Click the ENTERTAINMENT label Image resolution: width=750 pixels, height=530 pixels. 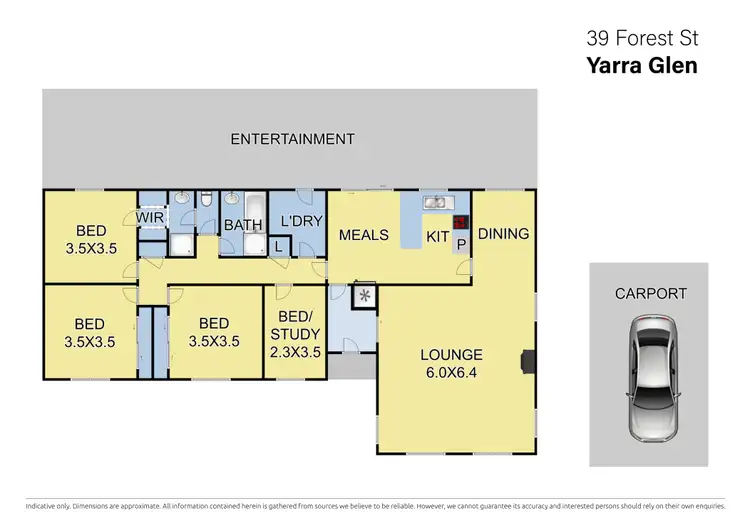[x=292, y=139]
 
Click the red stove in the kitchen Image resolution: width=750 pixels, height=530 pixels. [x=460, y=223]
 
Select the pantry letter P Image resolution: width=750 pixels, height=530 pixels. [x=461, y=243]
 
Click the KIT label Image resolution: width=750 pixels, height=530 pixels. [x=438, y=237]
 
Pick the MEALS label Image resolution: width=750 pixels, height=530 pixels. [x=363, y=235]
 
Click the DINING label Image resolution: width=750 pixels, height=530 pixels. [x=503, y=234]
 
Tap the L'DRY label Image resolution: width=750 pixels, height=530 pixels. [x=301, y=220]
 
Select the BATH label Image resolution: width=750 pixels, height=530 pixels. [x=243, y=225]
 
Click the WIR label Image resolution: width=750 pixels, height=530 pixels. [x=150, y=216]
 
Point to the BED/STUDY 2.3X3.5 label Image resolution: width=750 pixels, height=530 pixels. [x=295, y=334]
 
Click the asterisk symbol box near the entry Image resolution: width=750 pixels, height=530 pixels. [x=364, y=296]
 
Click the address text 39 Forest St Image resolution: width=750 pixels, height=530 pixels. [x=641, y=39]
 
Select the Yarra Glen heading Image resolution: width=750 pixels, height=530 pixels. [x=641, y=66]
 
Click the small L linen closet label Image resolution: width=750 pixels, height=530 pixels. [x=277, y=245]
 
